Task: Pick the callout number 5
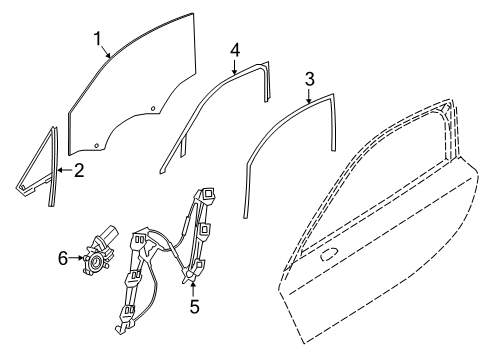(194, 306)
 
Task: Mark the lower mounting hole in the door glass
(96, 145)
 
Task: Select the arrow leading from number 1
(106, 52)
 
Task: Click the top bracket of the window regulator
(213, 191)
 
